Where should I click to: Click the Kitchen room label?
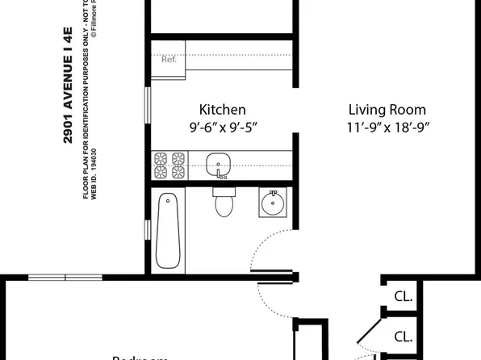(222, 109)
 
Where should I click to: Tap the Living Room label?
(387, 109)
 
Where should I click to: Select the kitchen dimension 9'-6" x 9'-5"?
(222, 127)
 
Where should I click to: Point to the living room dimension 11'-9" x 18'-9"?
(387, 127)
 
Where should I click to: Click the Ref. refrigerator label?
(169, 59)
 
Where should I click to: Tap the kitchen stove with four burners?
(169, 165)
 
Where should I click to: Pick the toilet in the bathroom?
(223, 203)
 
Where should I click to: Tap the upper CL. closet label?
(404, 296)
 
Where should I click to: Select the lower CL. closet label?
(404, 337)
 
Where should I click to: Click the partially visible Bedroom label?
(141, 356)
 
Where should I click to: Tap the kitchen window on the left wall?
(147, 105)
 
